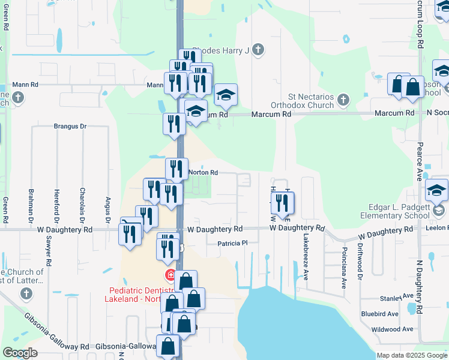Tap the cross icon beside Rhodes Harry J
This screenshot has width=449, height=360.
pos(258,50)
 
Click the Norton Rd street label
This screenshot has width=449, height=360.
pos(202,172)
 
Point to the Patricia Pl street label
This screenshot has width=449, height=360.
pos(232,244)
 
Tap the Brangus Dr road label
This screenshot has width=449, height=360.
pos(70,127)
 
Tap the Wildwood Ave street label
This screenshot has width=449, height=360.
pos(392,329)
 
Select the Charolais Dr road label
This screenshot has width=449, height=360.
pos(82,204)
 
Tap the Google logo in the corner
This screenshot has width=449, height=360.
pos(20,353)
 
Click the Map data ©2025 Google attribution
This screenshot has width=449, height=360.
pos(411,355)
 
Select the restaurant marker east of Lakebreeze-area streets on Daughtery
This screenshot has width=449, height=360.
pos(283,204)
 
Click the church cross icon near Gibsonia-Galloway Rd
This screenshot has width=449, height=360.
pos(25,293)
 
